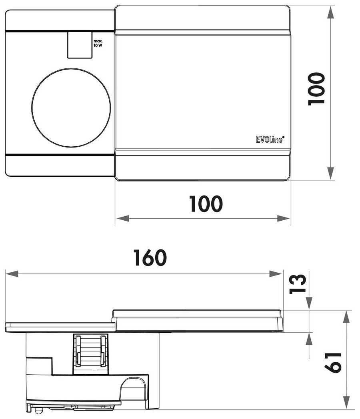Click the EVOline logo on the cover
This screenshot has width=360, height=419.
click(269, 139)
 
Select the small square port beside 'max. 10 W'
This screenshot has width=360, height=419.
click(79, 45)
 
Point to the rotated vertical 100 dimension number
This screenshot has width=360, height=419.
click(316, 89)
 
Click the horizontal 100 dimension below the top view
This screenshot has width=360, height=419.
click(206, 204)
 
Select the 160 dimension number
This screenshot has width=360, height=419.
click(150, 258)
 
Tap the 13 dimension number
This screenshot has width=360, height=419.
click(298, 284)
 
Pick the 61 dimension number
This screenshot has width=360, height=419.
click(333, 362)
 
